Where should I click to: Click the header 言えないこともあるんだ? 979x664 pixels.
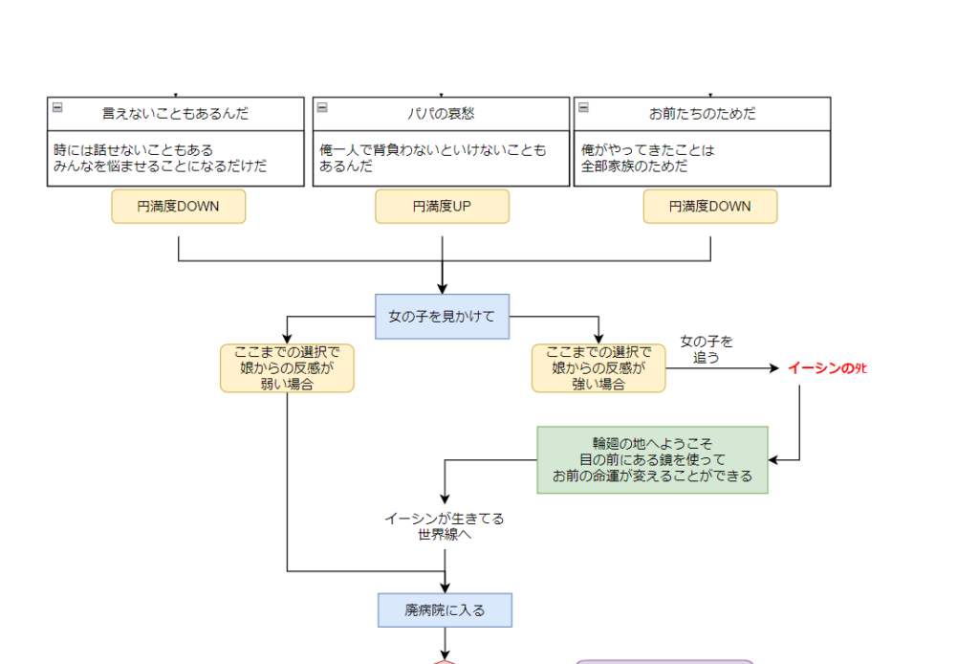point(176,114)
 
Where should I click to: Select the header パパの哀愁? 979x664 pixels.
point(442,114)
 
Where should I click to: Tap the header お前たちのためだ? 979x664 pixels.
point(703,114)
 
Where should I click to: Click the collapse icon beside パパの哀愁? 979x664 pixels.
point(322,107)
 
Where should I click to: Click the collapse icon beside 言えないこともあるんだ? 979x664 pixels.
point(57,107)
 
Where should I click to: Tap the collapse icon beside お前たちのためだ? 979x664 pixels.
point(583,107)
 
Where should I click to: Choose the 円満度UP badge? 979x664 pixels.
point(442,206)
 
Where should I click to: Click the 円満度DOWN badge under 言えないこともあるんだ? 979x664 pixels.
point(178,206)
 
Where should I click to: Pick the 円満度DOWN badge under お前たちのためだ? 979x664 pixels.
point(709,206)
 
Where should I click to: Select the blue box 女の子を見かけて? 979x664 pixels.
point(442,316)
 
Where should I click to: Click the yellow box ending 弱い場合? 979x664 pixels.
point(287,368)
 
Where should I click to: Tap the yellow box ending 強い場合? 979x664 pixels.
point(598,368)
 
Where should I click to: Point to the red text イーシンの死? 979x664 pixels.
point(827,368)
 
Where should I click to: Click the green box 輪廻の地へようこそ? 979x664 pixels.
point(652,459)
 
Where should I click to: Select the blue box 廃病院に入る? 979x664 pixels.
point(445,609)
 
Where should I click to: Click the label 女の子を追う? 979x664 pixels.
point(707,349)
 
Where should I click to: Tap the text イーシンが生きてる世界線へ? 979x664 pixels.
point(445,526)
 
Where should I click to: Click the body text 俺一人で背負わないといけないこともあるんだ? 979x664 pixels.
point(433,158)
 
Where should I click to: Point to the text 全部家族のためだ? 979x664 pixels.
point(635,166)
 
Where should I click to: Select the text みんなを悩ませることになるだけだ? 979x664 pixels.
point(161,166)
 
